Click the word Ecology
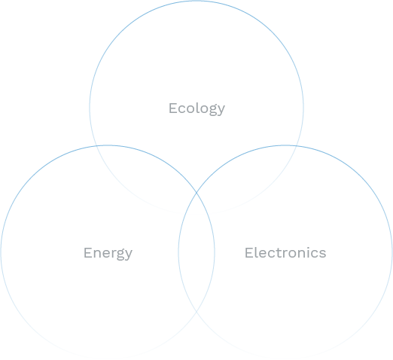coord(196,108)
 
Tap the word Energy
coord(108,253)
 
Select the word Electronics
coord(285,252)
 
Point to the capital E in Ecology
coord(173,108)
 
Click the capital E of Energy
coord(88,253)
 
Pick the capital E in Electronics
coord(249,252)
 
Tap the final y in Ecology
coord(221,111)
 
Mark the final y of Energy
coord(129,255)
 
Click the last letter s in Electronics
coord(323,255)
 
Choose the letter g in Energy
coord(119,255)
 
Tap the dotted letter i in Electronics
coord(309,252)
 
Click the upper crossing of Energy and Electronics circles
coord(196,193)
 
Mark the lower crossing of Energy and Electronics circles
coord(196,312)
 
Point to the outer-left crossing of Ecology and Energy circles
coord(96,146)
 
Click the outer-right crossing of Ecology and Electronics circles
coord(297,146)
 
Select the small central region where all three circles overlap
coord(196,204)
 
